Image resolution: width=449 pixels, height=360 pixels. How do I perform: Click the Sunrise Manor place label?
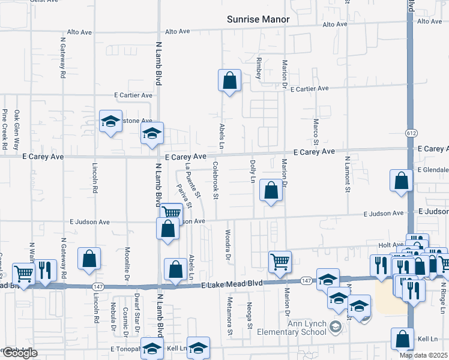click(x=258, y=19)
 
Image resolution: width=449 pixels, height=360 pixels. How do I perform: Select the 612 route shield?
click(x=411, y=133)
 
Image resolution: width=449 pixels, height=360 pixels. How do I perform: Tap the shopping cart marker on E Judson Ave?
click(x=172, y=212)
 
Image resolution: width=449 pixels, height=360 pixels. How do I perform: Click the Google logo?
click(x=19, y=353)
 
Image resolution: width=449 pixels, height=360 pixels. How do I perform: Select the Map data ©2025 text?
click(x=424, y=355)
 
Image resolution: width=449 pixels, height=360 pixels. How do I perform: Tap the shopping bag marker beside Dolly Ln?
click(x=271, y=191)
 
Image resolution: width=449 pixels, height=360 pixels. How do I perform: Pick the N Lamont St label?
click(x=347, y=174)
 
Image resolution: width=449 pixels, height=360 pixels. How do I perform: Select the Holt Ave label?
click(x=391, y=245)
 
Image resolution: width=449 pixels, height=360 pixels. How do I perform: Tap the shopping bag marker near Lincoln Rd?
click(x=89, y=259)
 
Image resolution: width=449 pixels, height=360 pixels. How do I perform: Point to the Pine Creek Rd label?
click(x=5, y=129)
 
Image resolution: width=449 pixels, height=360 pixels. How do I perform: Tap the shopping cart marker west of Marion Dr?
click(x=280, y=261)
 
